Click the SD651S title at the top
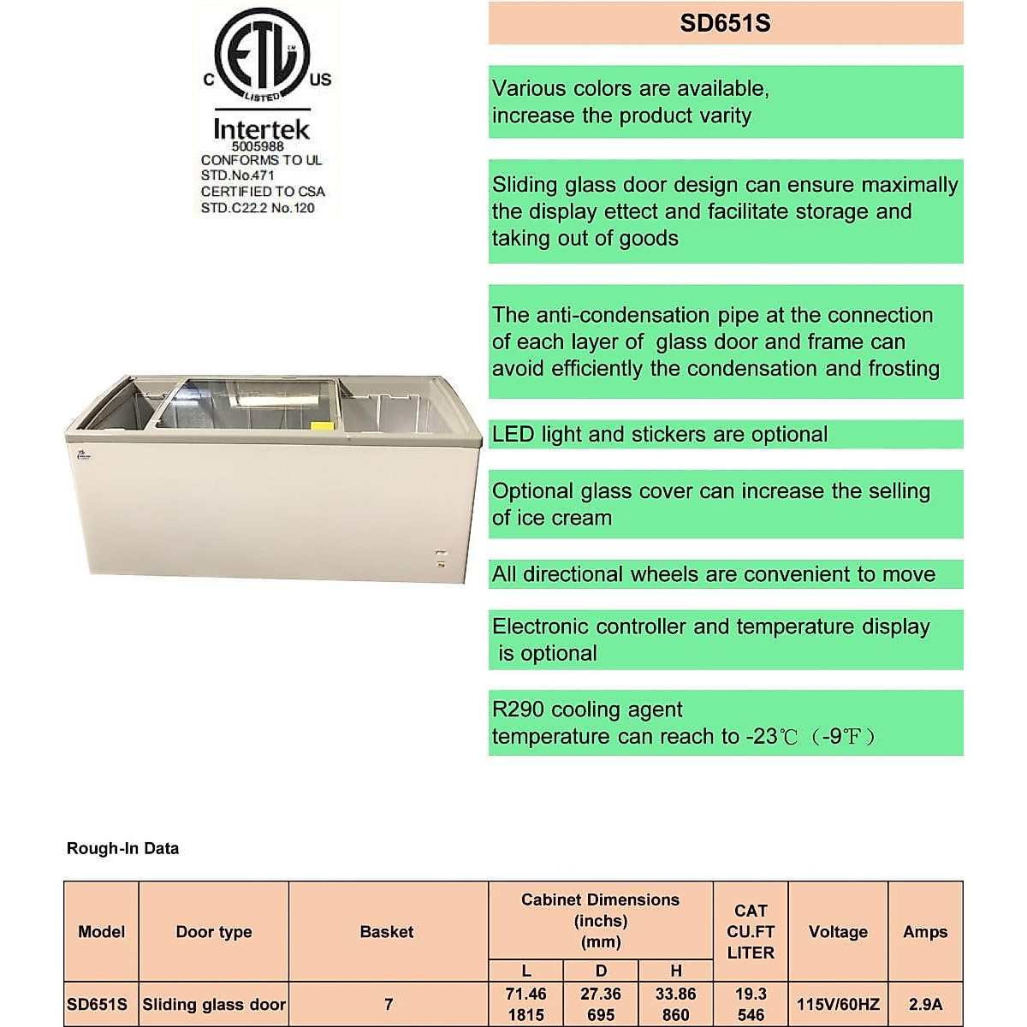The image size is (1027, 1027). (725, 23)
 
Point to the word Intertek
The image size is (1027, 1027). (261, 128)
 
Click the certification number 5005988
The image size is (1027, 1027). (258, 146)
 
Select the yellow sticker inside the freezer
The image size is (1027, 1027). (322, 425)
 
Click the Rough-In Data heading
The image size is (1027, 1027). (122, 849)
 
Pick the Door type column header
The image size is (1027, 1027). (213, 932)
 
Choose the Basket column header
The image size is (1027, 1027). (386, 932)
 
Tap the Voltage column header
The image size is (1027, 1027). (837, 932)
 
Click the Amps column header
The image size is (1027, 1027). (924, 932)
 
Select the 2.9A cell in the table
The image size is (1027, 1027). (924, 1005)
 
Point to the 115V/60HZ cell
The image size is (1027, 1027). (837, 1005)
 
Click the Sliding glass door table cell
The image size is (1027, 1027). (213, 1005)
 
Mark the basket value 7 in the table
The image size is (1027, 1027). (388, 1005)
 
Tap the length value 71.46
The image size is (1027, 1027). (525, 994)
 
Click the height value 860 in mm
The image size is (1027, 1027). (675, 1015)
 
